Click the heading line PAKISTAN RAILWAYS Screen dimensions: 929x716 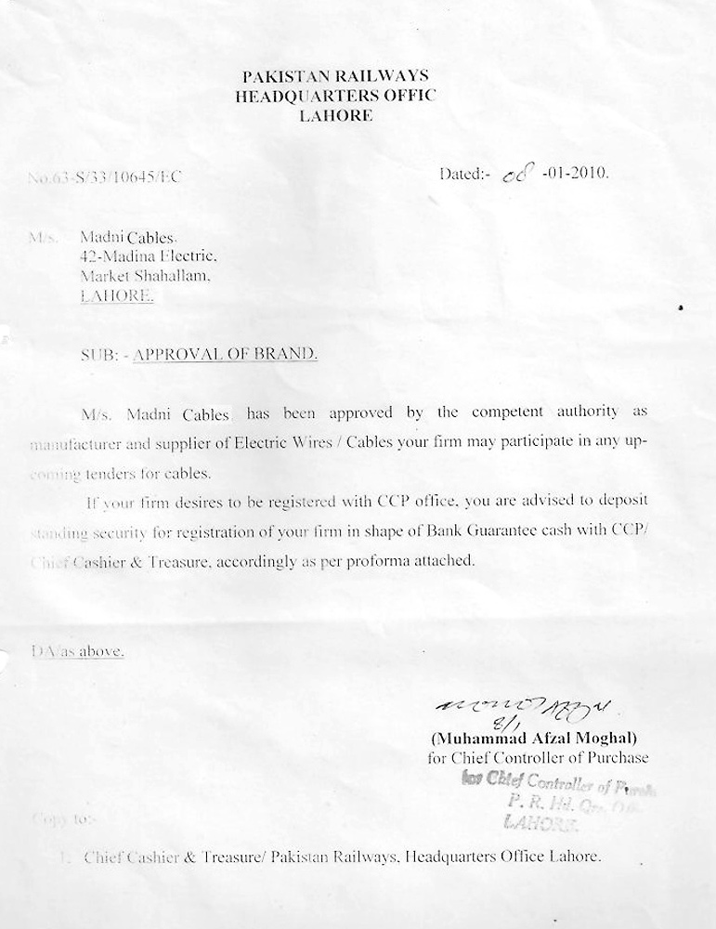[334, 75]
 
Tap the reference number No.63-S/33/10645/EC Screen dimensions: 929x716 [104, 177]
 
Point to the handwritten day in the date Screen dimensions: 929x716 [513, 175]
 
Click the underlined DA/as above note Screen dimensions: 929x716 [78, 651]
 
